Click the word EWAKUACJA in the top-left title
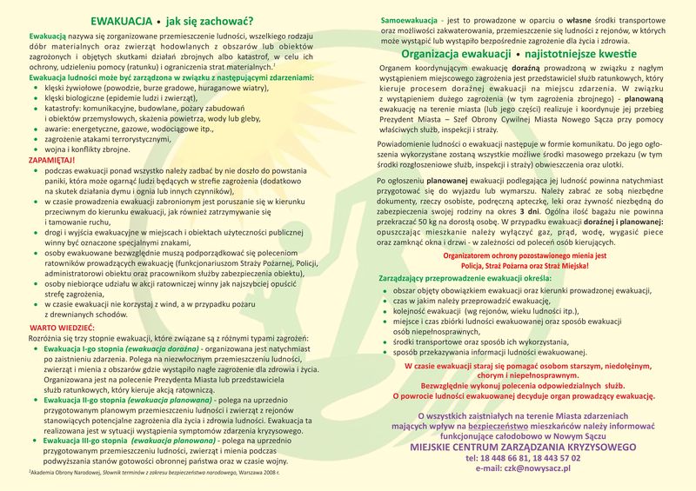pyautogui.click(x=127, y=21)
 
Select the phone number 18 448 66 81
pyautogui.click(x=493, y=457)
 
